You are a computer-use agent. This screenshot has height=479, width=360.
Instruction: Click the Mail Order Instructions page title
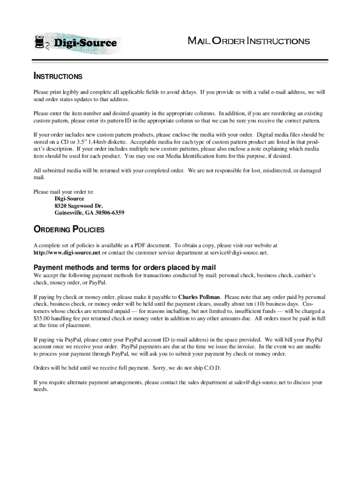248,41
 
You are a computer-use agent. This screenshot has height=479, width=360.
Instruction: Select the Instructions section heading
58,76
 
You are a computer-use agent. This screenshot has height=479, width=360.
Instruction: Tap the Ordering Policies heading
69,230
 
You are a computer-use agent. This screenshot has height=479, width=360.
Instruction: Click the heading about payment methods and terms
124,268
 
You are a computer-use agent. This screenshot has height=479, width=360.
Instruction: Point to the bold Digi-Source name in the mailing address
70,199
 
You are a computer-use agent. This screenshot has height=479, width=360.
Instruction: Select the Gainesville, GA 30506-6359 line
89,213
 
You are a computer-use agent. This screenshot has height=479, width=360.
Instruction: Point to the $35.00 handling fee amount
42,318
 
